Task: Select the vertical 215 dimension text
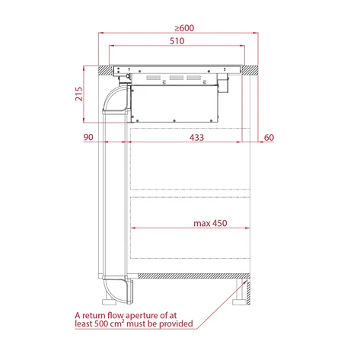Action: click(x=79, y=94)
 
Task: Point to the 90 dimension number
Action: click(x=88, y=137)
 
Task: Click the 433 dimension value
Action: click(x=196, y=137)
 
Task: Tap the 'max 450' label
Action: click(x=211, y=223)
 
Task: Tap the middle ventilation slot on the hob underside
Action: click(x=177, y=78)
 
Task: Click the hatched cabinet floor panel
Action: click(x=190, y=278)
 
